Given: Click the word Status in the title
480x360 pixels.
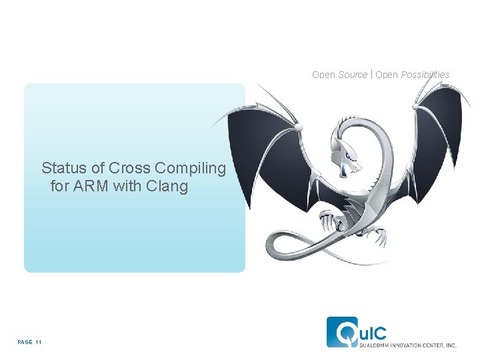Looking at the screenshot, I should (x=61, y=168).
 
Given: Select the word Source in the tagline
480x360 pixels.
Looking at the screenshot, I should (x=353, y=75).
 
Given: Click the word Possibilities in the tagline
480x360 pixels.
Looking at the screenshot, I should (x=425, y=75).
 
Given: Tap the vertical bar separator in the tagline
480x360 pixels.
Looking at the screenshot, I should (x=371, y=75).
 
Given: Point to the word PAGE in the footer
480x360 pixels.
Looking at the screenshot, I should (x=25, y=342).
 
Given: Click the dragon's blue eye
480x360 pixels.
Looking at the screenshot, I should (x=344, y=168).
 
